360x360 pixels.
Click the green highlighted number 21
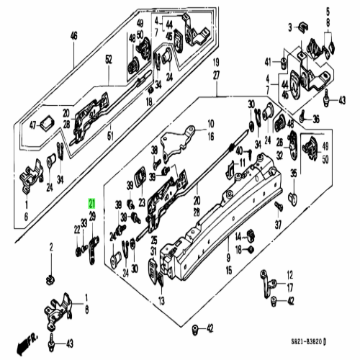pos(91,204)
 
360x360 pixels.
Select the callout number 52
pos(108,60)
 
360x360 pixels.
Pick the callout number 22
pos(77,229)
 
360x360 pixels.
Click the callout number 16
pos(211,135)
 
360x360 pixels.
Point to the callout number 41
pos(266,60)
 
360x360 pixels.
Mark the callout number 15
pos(228,271)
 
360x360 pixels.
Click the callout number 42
pos(210,329)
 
